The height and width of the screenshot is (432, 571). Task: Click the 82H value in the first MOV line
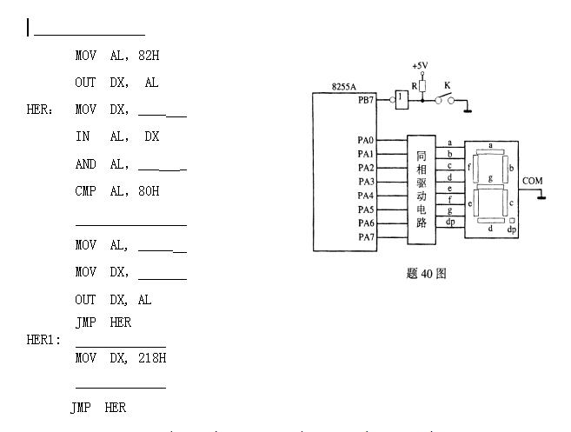click(x=146, y=56)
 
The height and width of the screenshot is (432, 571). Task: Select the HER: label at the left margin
click(x=41, y=110)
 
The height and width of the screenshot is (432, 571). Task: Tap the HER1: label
click(x=43, y=340)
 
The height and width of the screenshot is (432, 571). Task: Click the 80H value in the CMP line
click(x=146, y=191)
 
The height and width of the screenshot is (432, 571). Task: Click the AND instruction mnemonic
click(x=86, y=164)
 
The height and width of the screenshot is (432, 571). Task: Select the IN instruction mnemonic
click(x=82, y=137)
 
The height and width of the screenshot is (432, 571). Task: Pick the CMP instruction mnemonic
click(x=86, y=191)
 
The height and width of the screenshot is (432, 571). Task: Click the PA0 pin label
click(x=366, y=141)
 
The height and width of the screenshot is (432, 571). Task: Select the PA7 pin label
click(x=366, y=237)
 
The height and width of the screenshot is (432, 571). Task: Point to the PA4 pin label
click(x=366, y=196)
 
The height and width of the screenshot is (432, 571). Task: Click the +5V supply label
click(x=420, y=66)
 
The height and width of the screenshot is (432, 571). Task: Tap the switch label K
click(x=448, y=85)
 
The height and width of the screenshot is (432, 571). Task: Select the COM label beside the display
click(x=532, y=181)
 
